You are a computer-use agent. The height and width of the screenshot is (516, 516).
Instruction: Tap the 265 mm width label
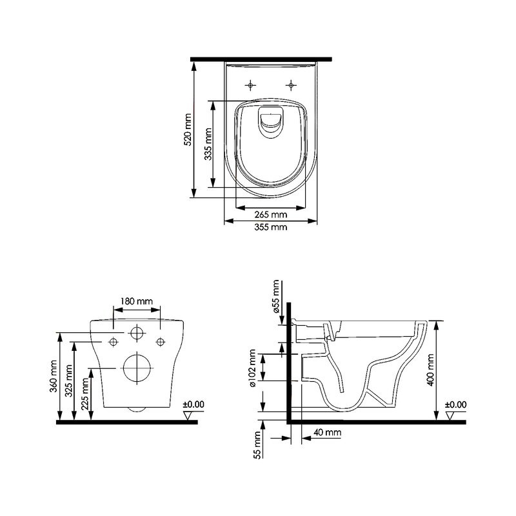click(270, 214)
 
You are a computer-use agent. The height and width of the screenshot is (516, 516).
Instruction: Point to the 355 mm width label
click(270, 228)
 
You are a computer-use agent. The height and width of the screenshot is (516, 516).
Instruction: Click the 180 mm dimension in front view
click(137, 301)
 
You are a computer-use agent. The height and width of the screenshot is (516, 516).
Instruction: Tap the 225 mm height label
click(85, 394)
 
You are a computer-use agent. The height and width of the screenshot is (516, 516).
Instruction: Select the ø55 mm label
click(276, 297)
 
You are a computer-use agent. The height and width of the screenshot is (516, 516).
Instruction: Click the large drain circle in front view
click(136, 368)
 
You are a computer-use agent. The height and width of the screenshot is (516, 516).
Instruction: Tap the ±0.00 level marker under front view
click(192, 409)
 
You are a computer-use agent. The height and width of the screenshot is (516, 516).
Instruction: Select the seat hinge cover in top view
click(270, 121)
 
